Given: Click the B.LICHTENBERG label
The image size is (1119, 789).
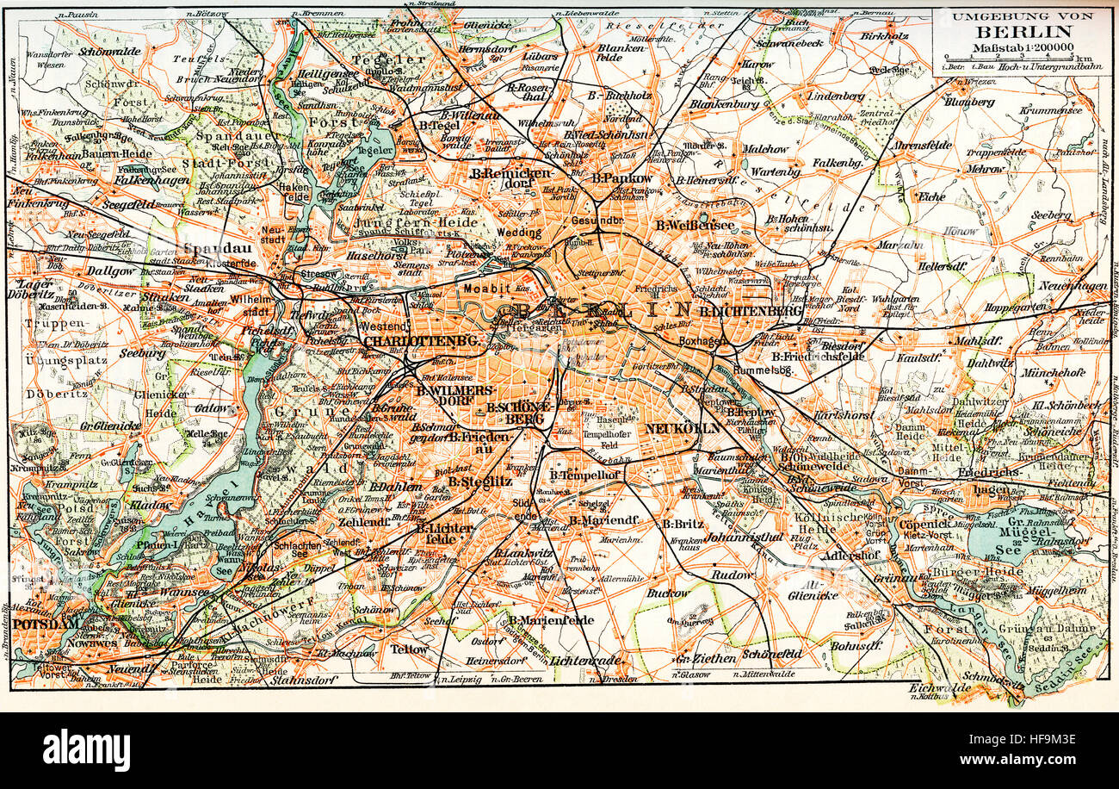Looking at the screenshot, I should (x=751, y=310).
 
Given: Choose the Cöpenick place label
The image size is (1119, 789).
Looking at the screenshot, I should (x=924, y=523).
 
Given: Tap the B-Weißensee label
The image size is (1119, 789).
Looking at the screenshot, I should (x=696, y=225).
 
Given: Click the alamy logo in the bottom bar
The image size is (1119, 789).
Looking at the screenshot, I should (x=86, y=749).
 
